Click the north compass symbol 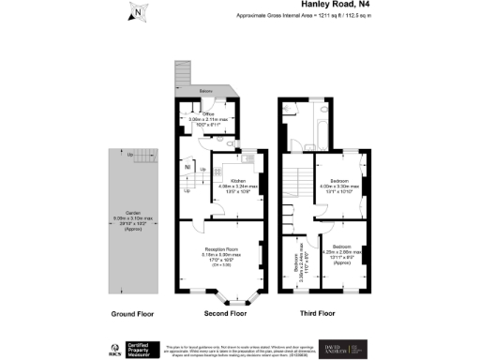(x=137, y=12)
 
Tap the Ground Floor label (x=131, y=314)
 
